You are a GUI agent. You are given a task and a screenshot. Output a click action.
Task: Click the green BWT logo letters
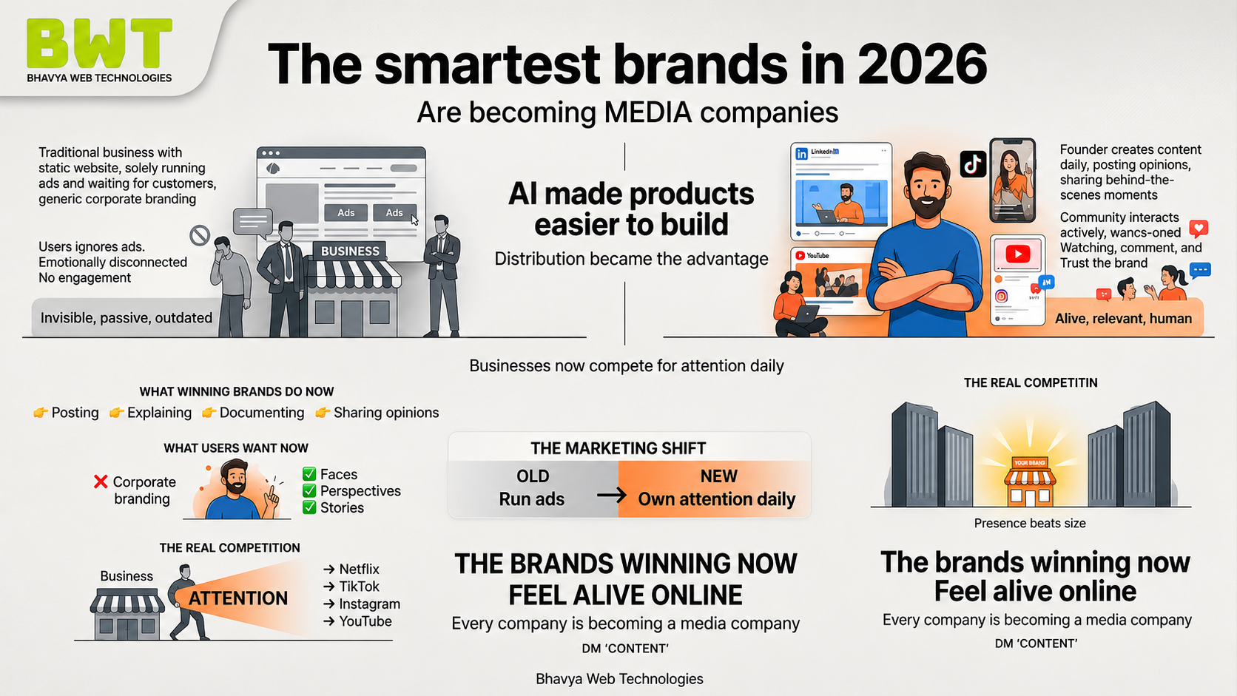pyautogui.click(x=99, y=43)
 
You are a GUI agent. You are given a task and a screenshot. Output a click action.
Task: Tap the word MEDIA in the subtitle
pyautogui.click(x=648, y=112)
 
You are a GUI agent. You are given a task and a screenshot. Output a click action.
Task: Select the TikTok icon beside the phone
pyautogui.click(x=972, y=164)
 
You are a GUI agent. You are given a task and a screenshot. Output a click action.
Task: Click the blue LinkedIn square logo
pyautogui.click(x=801, y=154)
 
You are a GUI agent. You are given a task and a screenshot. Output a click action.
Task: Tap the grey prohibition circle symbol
pyautogui.click(x=200, y=236)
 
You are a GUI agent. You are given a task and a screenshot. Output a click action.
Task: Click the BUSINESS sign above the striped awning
pyautogui.click(x=350, y=251)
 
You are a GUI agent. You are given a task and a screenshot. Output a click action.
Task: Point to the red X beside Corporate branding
pyautogui.click(x=101, y=482)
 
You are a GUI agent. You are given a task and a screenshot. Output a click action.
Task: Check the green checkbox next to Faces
pyautogui.click(x=309, y=474)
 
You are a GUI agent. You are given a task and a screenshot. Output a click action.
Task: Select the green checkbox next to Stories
pyautogui.click(x=309, y=507)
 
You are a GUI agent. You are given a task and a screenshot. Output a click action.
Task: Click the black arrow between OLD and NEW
pyautogui.click(x=611, y=495)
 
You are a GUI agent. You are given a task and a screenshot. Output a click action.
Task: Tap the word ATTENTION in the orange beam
pyautogui.click(x=238, y=598)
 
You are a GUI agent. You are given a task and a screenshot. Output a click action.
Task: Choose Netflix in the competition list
pyautogui.click(x=359, y=569)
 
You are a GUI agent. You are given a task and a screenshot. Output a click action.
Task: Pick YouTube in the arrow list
pyautogui.click(x=365, y=621)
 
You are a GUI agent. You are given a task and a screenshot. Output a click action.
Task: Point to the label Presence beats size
pyautogui.click(x=1030, y=523)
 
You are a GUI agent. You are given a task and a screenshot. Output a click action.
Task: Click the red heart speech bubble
pyautogui.click(x=1199, y=229)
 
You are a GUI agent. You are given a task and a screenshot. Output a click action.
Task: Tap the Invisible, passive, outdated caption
pyautogui.click(x=127, y=318)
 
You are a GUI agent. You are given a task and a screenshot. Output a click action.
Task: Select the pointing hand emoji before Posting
pyautogui.click(x=40, y=413)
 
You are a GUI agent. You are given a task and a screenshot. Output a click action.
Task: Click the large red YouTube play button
pyautogui.click(x=1018, y=254)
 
